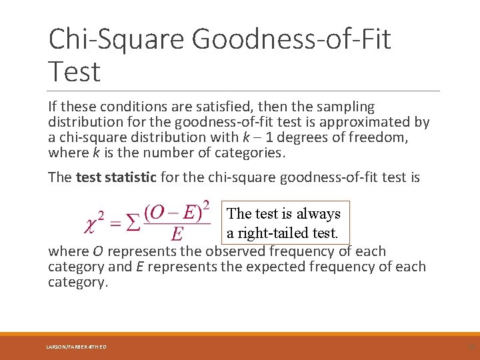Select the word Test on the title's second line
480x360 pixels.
(74, 71)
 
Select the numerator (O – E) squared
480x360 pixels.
(177, 211)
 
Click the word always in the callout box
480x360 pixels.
(318, 214)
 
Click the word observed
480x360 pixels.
(236, 251)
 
